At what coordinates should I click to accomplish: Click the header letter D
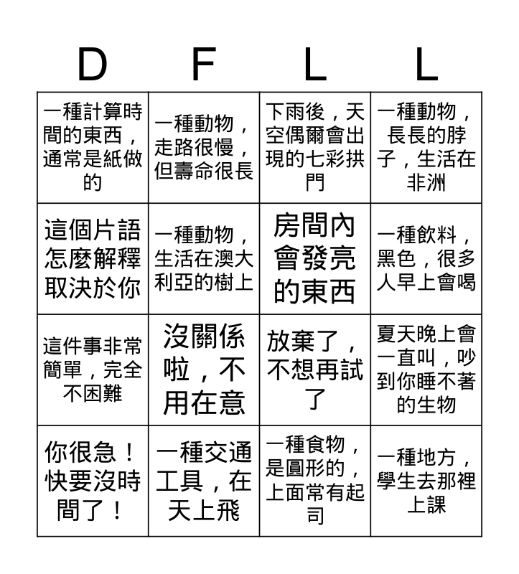pos(92,66)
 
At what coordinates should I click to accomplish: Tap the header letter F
pos(204,66)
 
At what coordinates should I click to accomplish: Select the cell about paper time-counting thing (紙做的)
pos(93,147)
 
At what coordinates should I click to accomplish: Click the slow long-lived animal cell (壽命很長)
pos(205,147)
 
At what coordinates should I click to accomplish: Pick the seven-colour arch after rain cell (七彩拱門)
pos(315,147)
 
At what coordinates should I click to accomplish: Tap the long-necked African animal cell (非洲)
pos(426,147)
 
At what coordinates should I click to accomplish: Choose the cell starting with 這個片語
pos(93,258)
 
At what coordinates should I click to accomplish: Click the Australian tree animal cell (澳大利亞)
pos(205,258)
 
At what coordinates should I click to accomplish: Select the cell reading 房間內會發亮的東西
pos(315,258)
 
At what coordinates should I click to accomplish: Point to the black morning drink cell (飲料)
pos(426,258)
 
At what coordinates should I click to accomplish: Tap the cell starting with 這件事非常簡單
pos(93,370)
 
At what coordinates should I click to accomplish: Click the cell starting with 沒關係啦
pos(205,370)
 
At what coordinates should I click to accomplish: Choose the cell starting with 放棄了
pos(315,370)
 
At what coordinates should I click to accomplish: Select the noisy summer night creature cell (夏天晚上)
pos(426,370)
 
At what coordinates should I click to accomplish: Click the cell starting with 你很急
pos(93,481)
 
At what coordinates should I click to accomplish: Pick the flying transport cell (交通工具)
pos(205,481)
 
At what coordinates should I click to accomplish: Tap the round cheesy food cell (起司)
pos(315,481)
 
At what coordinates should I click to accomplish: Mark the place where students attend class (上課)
pos(426,481)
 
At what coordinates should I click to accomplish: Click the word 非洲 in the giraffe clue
pos(426,183)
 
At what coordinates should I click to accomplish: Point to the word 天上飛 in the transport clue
pos(204,511)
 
